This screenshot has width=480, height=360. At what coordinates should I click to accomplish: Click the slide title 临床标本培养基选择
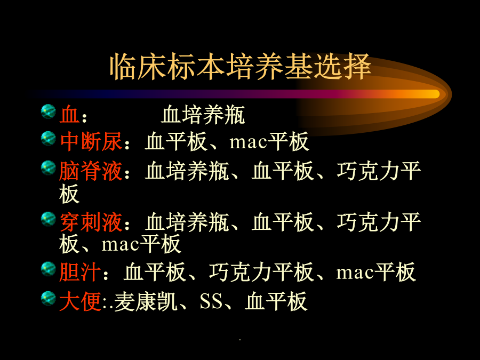pos(241,67)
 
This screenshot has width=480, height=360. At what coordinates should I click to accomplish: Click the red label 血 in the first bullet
pos(69,115)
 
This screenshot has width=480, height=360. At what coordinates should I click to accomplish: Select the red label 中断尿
pos(91,141)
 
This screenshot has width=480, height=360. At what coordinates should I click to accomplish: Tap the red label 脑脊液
pos(91,171)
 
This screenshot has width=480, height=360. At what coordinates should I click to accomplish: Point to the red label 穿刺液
pos(91,222)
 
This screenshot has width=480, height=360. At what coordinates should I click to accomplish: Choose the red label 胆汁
pos(80,272)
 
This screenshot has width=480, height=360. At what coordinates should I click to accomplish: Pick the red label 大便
pos(80,301)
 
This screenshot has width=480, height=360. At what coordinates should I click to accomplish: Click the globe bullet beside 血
pos(49,111)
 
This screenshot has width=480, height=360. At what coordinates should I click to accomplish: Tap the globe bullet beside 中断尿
pos(49,138)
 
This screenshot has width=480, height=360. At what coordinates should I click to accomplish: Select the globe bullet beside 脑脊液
pos(49,168)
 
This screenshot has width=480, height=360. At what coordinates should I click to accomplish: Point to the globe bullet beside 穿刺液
pos(49,219)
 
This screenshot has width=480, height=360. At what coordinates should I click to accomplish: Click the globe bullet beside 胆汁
pos(49,269)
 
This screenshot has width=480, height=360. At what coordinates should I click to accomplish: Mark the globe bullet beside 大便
pos(49,299)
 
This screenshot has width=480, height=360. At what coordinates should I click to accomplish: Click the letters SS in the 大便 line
pos(211,301)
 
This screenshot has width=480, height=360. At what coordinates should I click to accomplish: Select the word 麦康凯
pos(146,301)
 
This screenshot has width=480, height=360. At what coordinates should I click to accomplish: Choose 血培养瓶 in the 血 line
pos(203,115)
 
